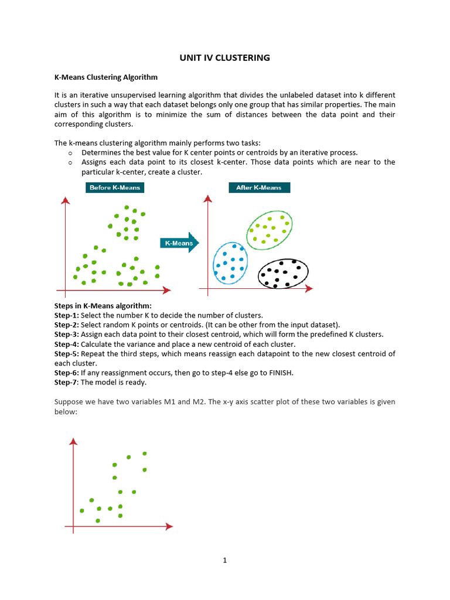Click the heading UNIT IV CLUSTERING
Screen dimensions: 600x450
tap(224, 57)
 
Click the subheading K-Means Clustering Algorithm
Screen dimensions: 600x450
tap(106, 77)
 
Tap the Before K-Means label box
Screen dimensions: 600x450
tap(115, 187)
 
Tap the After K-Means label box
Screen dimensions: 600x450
tap(258, 187)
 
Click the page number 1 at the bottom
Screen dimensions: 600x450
tap(224, 560)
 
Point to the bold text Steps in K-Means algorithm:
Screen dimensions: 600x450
tap(103, 306)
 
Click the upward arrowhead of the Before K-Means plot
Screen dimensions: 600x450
tap(66, 200)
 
